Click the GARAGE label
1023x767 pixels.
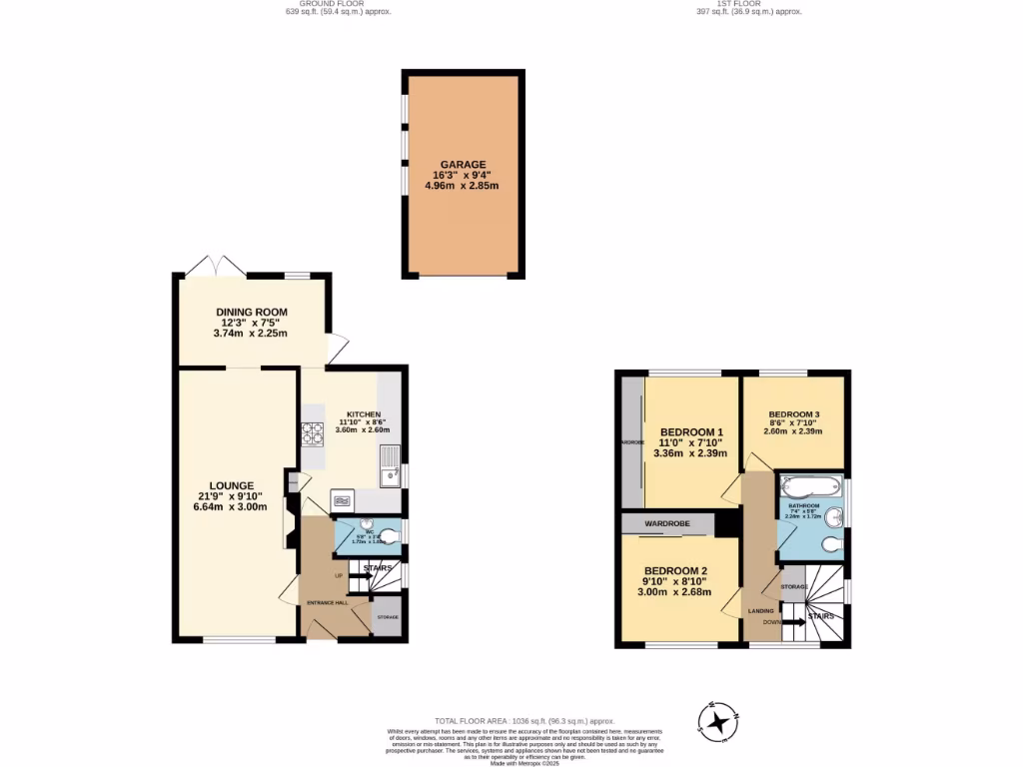[x=463, y=164]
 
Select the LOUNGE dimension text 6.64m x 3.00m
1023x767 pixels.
[x=232, y=506]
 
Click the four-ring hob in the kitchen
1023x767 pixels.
[x=313, y=433]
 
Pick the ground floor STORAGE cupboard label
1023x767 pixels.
[x=387, y=617]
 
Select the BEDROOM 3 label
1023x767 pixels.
[x=794, y=414]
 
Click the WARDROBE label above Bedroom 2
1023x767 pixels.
[x=666, y=522]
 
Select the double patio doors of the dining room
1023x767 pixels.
[x=215, y=267]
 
